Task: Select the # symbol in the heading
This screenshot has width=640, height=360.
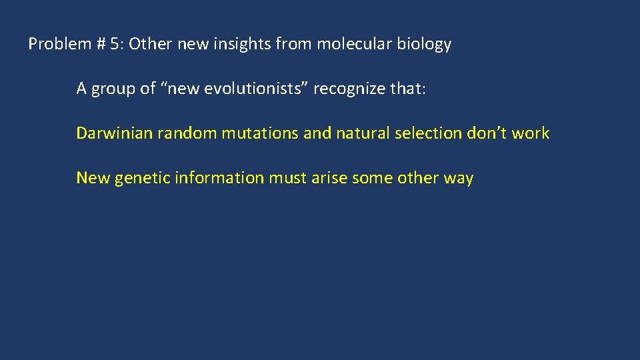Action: [101, 45]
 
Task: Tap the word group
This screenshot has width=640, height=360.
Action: [111, 89]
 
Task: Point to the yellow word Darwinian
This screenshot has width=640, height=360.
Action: [114, 133]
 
